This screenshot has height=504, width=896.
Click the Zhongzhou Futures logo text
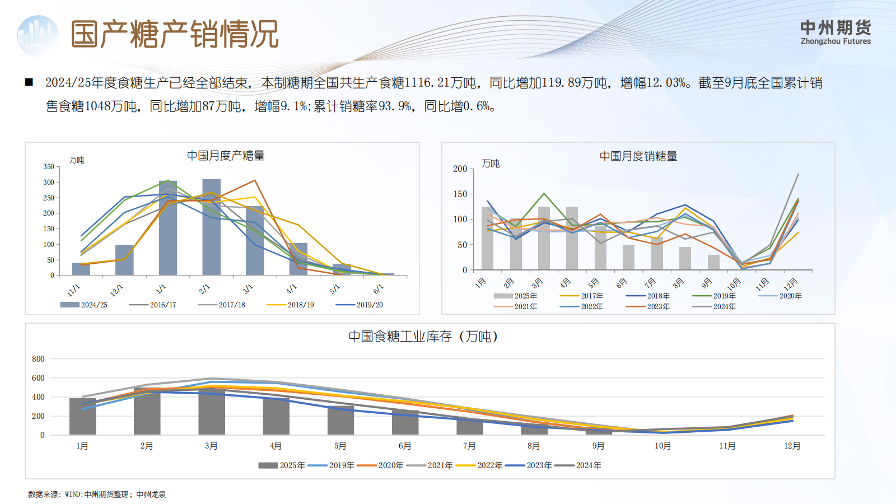(x=835, y=32)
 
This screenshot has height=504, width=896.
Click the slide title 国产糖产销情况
(x=174, y=35)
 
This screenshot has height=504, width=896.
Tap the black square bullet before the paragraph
(x=29, y=82)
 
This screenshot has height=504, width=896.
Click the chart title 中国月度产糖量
(x=225, y=156)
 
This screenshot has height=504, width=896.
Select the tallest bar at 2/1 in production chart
(x=211, y=227)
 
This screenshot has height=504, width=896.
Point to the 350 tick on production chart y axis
(x=49, y=167)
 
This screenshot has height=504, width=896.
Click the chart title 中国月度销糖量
(x=638, y=156)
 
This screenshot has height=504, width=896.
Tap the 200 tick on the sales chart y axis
(x=460, y=169)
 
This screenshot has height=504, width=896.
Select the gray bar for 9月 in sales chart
(x=713, y=262)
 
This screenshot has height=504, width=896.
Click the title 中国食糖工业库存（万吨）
(x=423, y=337)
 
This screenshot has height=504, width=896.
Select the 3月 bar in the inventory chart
(x=212, y=412)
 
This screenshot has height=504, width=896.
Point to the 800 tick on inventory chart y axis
(x=38, y=359)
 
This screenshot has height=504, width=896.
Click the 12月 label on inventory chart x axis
(x=792, y=446)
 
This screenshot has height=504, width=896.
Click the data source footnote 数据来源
(x=97, y=494)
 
